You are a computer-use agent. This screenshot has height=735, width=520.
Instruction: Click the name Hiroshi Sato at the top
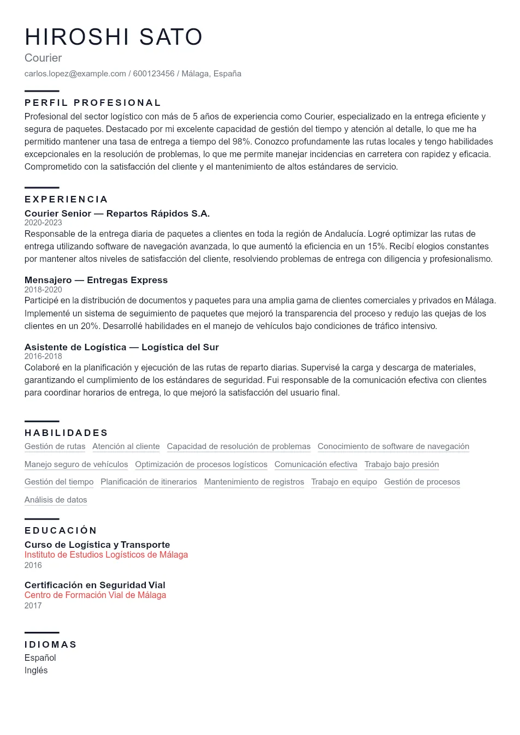[x=114, y=37]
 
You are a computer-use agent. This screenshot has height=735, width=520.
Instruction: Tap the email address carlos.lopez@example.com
[x=75, y=74]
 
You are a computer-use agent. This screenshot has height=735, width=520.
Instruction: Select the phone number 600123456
[x=153, y=74]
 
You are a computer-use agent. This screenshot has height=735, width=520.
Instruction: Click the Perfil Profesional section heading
[x=93, y=103]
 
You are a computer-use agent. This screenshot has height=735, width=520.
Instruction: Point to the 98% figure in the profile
[x=241, y=142]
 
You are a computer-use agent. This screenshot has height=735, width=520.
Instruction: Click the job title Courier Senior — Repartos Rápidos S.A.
[x=117, y=213]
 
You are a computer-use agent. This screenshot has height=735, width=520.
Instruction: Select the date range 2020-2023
[x=43, y=223]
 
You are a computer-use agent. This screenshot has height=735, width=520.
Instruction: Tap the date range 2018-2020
[x=43, y=290]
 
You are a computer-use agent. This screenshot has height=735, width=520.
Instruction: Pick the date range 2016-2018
[x=43, y=356]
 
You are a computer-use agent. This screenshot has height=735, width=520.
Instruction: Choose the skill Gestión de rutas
[x=55, y=446]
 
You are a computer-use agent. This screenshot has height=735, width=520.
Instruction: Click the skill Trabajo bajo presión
[x=401, y=464]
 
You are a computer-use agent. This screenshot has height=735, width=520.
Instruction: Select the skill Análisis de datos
[x=56, y=500]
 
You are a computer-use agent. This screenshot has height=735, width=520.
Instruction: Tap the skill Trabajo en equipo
[x=344, y=482]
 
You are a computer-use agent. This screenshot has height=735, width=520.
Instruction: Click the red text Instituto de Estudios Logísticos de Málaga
[x=106, y=555]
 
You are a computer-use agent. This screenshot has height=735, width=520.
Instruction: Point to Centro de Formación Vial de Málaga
[x=95, y=595]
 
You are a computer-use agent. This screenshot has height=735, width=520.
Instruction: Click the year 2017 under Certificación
[x=33, y=606]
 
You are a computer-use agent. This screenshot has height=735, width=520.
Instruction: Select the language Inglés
[x=36, y=671]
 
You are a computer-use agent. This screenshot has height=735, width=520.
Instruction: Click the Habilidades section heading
[x=66, y=433]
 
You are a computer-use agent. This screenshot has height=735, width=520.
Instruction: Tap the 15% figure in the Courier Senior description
[x=376, y=247]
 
